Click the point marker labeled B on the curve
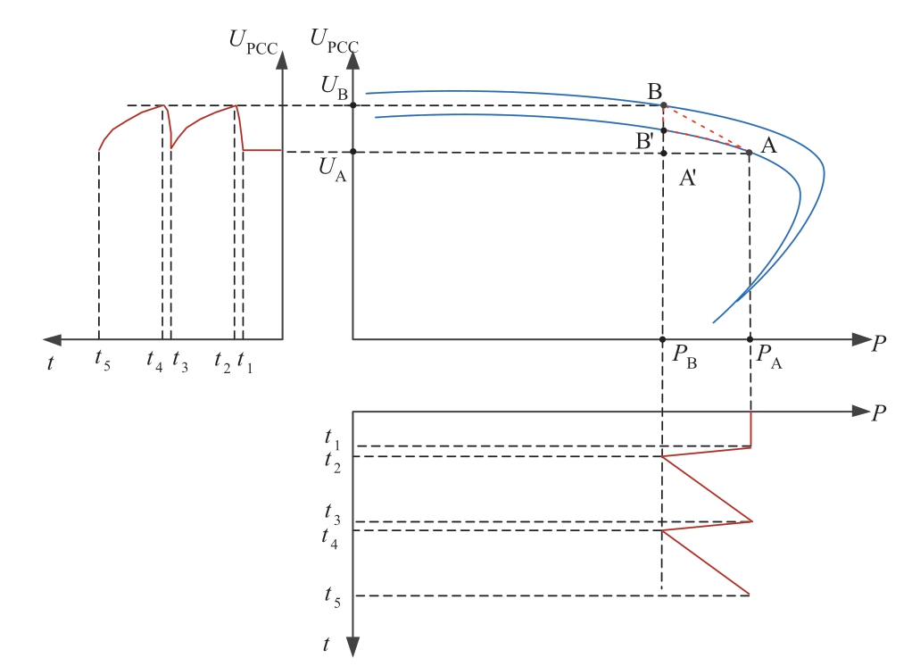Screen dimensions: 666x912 pos(663,105)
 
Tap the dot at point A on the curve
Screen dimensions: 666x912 pos(750,153)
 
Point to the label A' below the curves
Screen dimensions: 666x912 pos(688,178)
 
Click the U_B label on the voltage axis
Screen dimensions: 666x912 pos(335,88)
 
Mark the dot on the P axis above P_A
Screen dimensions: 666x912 pos(750,339)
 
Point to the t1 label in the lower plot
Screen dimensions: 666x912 pos(333,439)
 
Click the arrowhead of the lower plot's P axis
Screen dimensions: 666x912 pos(861,412)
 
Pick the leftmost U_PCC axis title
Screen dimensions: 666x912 pos(253,38)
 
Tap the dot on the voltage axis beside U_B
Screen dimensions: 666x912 pos(353,105)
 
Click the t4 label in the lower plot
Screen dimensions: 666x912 pos(333,537)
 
